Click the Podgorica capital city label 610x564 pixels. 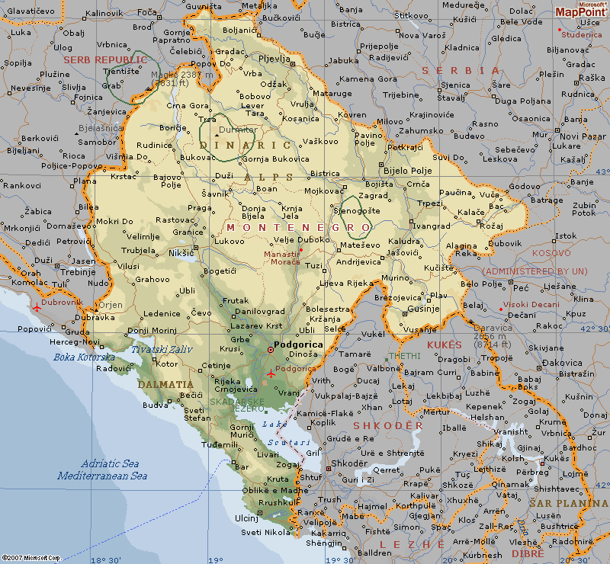coord(298,344)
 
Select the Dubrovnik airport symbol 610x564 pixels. coord(37,306)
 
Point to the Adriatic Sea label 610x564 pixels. coord(110,463)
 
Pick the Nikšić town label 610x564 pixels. coord(181,252)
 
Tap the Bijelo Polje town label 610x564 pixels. coord(407,171)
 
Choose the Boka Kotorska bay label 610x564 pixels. coord(84,357)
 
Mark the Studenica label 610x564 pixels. coord(581,34)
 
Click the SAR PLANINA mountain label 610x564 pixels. coord(568,504)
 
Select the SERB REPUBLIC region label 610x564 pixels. coord(105,59)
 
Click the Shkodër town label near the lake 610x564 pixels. coord(348,463)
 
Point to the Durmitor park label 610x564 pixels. coord(236,130)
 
